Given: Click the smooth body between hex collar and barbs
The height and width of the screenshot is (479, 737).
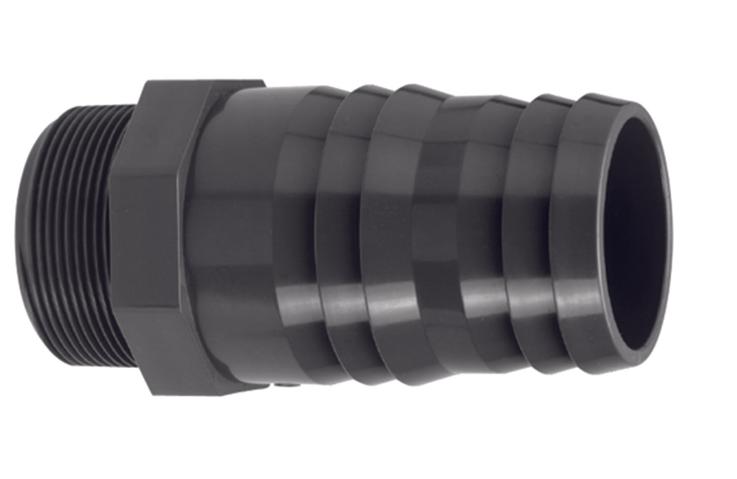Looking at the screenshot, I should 240,245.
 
